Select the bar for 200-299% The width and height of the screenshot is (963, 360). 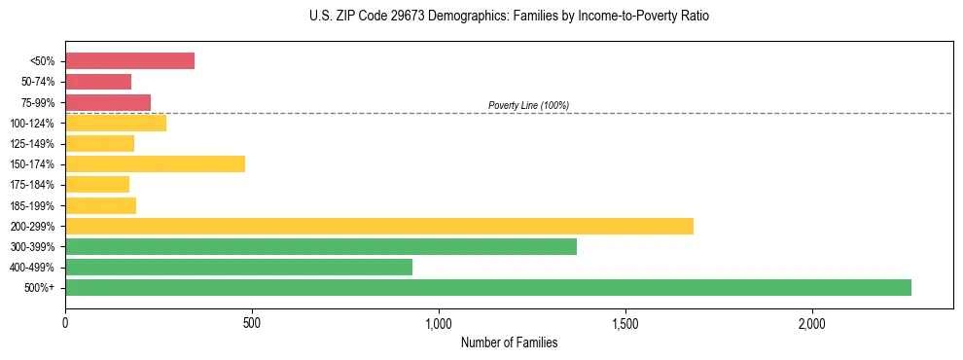pyautogui.click(x=379, y=226)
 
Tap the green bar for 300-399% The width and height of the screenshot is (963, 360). pyautogui.click(x=321, y=246)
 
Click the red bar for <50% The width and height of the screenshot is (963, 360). pyautogui.click(x=129, y=60)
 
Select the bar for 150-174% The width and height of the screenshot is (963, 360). pyautogui.click(x=155, y=163)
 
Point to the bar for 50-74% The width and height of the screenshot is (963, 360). pyautogui.click(x=98, y=82)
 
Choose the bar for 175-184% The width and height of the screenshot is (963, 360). pyautogui.click(x=97, y=184)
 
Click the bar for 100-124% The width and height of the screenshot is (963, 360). pyautogui.click(x=116, y=123)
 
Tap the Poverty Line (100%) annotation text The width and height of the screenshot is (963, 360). pyautogui.click(x=528, y=105)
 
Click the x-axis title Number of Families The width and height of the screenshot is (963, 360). pyautogui.click(x=509, y=342)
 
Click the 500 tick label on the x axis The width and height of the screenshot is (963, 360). pyautogui.click(x=252, y=323)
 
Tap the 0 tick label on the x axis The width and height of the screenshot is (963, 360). pyautogui.click(x=65, y=323)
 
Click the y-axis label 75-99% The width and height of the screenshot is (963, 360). pyautogui.click(x=37, y=102)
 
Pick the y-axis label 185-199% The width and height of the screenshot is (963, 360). pyautogui.click(x=34, y=205)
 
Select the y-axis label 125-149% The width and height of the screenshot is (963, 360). pyautogui.click(x=34, y=143)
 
